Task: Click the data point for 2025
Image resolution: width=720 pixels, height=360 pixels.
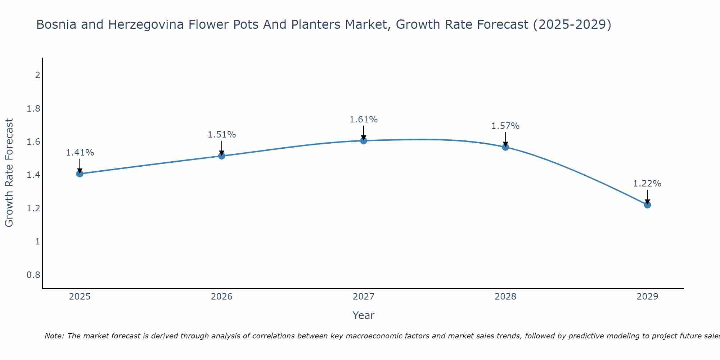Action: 80,174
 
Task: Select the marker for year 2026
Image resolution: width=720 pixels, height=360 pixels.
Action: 222,156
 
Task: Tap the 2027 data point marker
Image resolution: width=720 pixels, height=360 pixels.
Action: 364,141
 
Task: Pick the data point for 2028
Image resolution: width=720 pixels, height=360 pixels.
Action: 505,147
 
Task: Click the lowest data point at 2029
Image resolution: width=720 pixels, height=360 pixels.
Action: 647,205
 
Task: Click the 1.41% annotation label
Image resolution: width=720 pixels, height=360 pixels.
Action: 80,153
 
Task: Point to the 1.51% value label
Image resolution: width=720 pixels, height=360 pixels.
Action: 222,135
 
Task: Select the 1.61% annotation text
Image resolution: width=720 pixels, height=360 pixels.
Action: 364,120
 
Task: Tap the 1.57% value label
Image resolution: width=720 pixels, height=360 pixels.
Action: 505,126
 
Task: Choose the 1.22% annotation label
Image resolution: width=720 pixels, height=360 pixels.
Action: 647,184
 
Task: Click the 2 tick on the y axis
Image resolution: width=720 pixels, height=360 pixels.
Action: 37,75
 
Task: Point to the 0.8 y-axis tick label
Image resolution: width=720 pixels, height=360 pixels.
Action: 33,275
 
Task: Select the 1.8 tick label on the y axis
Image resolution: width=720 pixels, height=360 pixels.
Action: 33,109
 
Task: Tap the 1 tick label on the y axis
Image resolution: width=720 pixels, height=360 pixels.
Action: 37,242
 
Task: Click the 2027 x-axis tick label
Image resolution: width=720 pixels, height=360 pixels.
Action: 364,297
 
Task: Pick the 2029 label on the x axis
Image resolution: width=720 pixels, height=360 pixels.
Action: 647,297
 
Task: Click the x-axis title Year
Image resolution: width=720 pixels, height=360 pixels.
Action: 364,315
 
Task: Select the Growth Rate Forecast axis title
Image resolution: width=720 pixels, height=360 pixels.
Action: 9,173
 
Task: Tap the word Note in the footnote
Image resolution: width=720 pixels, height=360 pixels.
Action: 54,336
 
